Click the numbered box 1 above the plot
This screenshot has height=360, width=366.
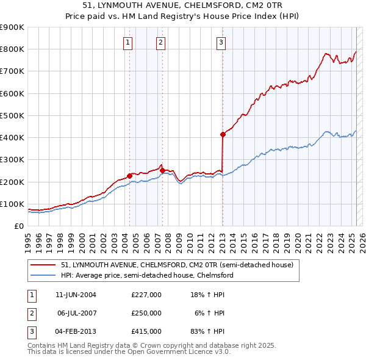pyautogui.click(x=128, y=42)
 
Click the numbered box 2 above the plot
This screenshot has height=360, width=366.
pyautogui.click(x=160, y=42)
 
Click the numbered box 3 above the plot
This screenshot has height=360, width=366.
pyautogui.click(x=220, y=42)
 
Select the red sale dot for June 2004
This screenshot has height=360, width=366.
pyautogui.click(x=129, y=176)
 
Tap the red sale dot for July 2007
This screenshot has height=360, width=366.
pyautogui.click(x=162, y=171)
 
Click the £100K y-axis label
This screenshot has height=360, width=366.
pyautogui.click(x=12, y=204)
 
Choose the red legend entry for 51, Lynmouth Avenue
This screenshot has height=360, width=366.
pyautogui.click(x=178, y=265)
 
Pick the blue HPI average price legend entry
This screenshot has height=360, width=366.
pyautogui.click(x=147, y=276)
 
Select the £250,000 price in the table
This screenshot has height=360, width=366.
pyautogui.click(x=146, y=313)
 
